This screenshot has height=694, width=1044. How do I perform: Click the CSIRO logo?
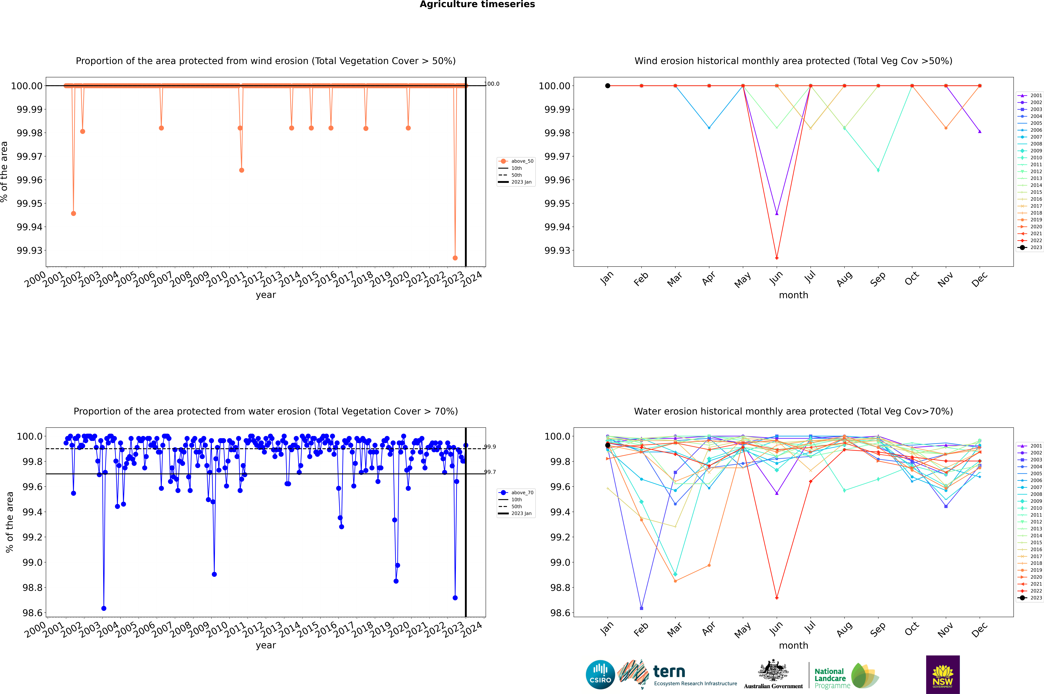pos(600,675)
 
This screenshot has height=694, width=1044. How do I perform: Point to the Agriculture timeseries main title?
pos(477,4)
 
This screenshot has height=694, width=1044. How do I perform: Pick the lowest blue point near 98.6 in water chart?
pos(104,608)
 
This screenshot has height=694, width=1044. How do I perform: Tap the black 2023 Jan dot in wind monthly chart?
pos(608,86)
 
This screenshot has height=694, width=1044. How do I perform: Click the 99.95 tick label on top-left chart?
pos(30,204)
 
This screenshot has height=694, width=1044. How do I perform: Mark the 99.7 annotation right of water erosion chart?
pos(490,472)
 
